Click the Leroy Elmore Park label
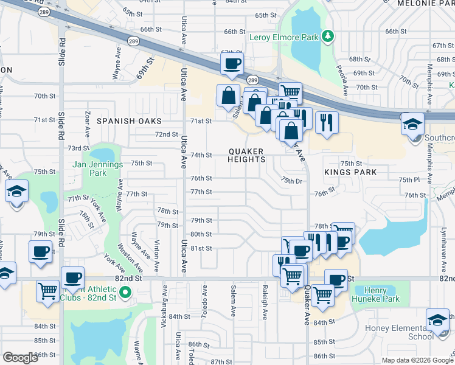pyautogui.click(x=284, y=37)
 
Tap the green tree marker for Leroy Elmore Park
pyautogui.click(x=328, y=36)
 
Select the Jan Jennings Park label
pyautogui.click(x=98, y=169)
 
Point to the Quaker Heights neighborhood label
pyautogui.click(x=246, y=155)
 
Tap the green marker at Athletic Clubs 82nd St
pyautogui.click(x=126, y=293)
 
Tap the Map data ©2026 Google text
pyautogui.click(x=417, y=360)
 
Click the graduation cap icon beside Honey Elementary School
pyautogui.click(x=437, y=319)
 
